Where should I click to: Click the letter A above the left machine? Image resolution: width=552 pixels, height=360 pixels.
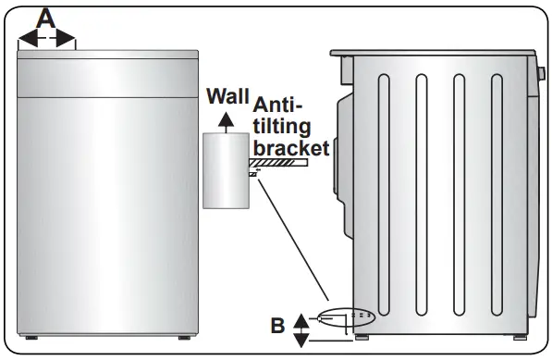coord(46,16)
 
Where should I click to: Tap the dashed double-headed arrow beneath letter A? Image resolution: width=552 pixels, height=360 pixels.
coord(46,38)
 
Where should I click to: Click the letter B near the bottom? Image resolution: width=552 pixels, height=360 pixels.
coord(276,325)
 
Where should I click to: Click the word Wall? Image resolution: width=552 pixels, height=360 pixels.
coord(228,96)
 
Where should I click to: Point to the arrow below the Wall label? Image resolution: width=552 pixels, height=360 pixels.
coord(224,118)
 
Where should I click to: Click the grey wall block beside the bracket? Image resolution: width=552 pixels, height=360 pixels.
coord(225,171)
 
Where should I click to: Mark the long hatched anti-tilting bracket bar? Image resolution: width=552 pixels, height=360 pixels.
coord(282,164)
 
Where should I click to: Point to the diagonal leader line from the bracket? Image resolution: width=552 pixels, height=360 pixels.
coord(291,241)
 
